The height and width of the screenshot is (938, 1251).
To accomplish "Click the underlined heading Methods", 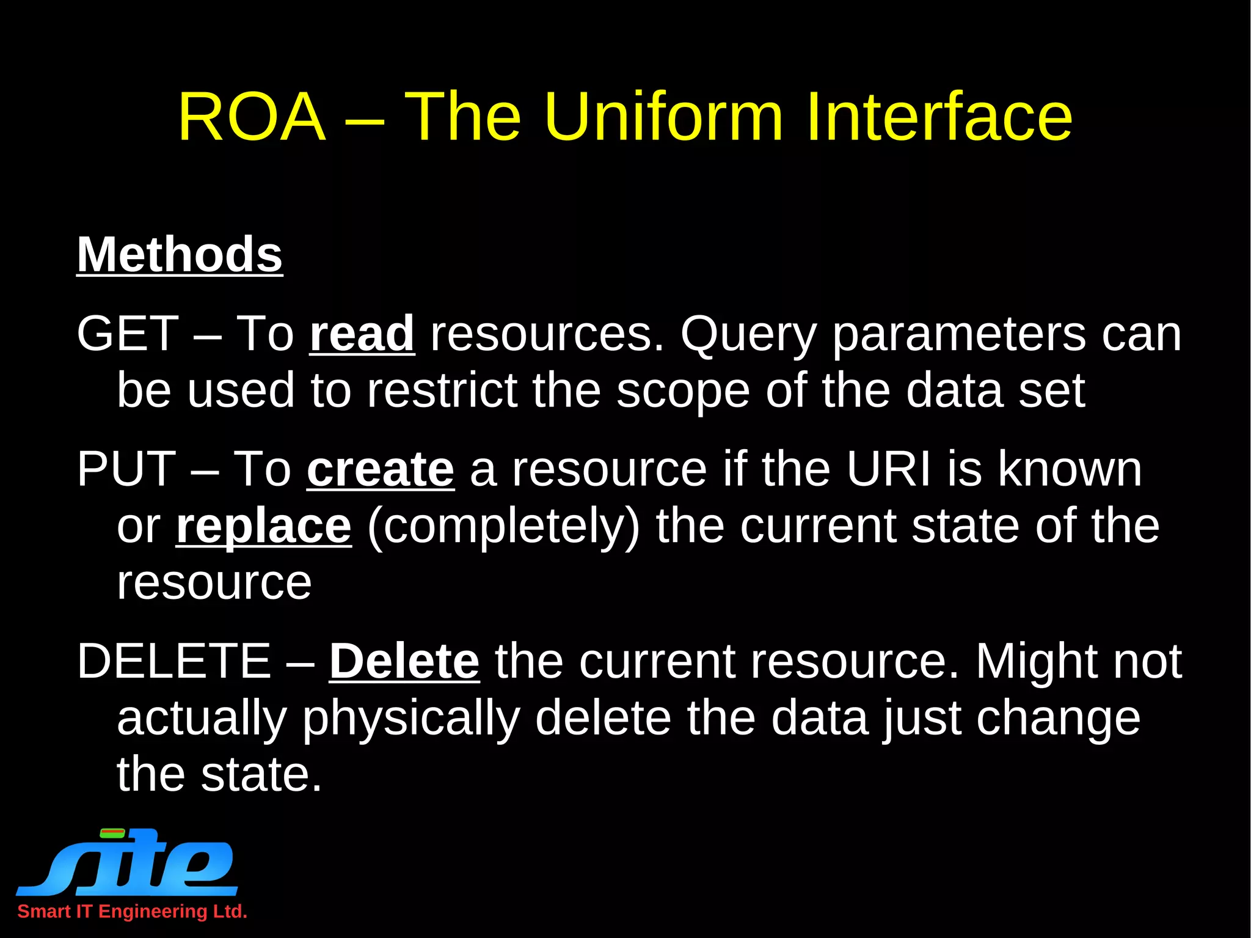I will point(179,255).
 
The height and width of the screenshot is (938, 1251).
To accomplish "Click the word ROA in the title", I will point(251,117).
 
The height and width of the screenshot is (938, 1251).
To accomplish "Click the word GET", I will point(128,334).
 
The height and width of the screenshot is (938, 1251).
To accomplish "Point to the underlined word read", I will point(362,334).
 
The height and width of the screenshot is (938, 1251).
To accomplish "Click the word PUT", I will point(126,469).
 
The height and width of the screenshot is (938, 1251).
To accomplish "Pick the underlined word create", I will point(380,469).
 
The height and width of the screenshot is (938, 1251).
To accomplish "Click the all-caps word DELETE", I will point(173,661).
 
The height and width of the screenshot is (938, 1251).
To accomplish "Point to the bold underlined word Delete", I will point(404,661).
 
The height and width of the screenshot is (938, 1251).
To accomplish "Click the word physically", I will point(411,719).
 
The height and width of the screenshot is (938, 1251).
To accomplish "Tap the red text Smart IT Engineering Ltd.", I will point(132,911).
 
